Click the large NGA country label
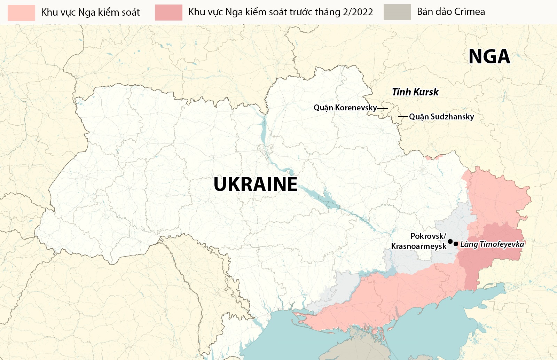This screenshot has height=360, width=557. (489, 57)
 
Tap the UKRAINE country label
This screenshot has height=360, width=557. (255, 184)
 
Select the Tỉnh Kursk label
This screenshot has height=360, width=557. (415, 92)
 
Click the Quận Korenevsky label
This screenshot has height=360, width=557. (345, 108)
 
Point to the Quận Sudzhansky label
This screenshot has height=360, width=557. (441, 117)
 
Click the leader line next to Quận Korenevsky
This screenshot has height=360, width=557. (383, 109)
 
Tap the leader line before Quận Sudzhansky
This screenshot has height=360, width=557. (403, 116)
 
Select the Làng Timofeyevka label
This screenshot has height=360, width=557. (492, 244)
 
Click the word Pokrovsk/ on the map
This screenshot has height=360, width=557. (428, 236)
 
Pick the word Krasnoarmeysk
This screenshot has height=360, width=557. (418, 246)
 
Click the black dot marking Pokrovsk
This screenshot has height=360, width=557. (450, 241)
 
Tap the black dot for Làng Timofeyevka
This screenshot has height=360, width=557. (456, 244)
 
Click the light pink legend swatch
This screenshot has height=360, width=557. (21, 13)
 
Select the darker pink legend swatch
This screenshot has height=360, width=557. (168, 13)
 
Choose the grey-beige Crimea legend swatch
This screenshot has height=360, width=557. (397, 12)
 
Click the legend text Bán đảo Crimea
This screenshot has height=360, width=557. (451, 12)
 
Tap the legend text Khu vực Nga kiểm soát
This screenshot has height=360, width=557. (90, 13)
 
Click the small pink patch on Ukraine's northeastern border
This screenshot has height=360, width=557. (427, 158)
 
